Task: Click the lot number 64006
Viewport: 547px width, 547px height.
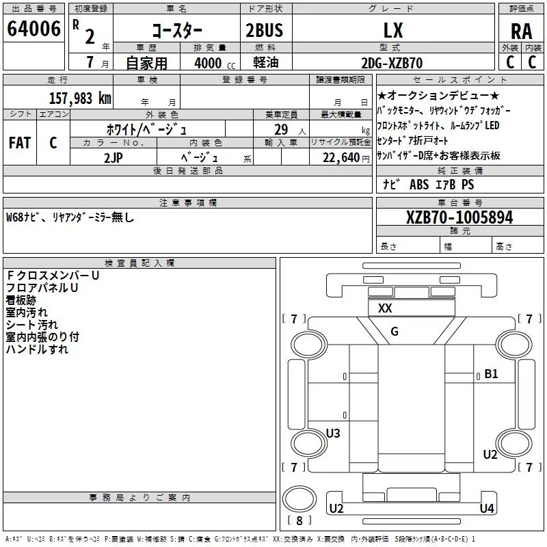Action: coord(34,29)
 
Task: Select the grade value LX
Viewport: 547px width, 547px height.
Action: coord(393,30)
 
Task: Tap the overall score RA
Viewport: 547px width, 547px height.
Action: coord(521,31)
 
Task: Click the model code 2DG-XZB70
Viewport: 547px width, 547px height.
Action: coord(392,63)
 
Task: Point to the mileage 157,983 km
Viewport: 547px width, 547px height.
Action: coord(80,98)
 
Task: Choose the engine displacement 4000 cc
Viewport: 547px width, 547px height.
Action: coord(215,63)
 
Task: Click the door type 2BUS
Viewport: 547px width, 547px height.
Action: coord(265,30)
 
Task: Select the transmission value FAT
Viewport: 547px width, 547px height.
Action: coord(20,143)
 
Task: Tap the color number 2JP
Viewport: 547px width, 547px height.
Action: coord(114,158)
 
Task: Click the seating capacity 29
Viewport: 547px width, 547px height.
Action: coord(281,129)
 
